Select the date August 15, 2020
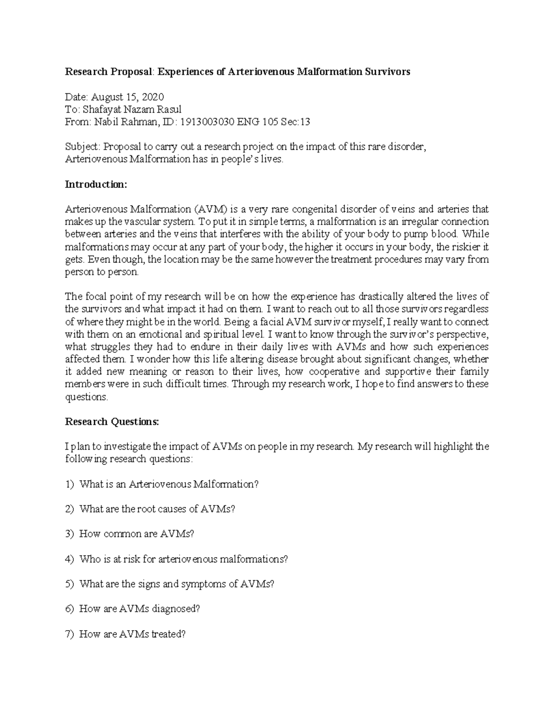click(x=127, y=97)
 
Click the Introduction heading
click(x=96, y=184)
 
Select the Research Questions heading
click(x=112, y=422)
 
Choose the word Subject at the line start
click(x=82, y=147)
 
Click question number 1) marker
click(x=69, y=484)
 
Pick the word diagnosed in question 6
click(x=176, y=609)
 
